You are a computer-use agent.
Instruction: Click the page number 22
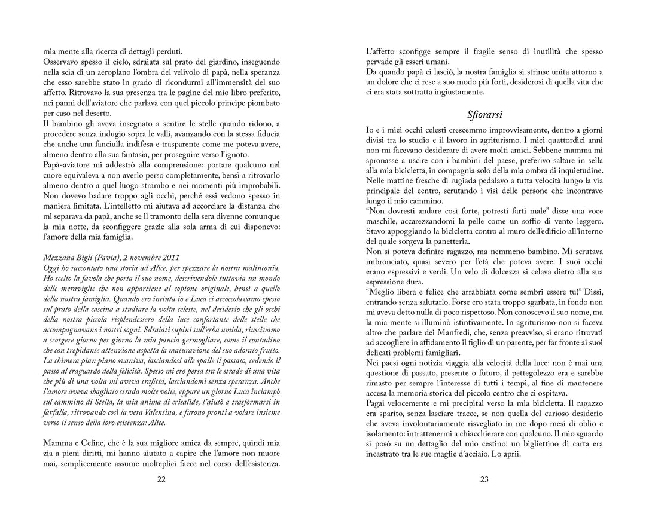[161, 479]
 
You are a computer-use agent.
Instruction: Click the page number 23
[484, 479]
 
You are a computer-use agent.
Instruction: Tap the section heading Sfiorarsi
[484, 114]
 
